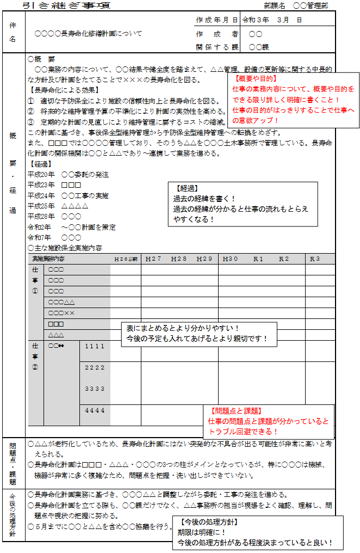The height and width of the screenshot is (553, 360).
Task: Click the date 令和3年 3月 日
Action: coord(271,20)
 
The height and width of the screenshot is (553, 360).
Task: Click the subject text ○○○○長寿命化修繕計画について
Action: coord(88,33)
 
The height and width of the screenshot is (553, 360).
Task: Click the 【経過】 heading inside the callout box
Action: coord(186,188)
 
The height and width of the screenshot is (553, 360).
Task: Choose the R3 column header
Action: coord(315,259)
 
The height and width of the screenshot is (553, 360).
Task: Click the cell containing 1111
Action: coord(95,346)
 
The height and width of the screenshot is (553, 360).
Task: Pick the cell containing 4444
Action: coord(95,410)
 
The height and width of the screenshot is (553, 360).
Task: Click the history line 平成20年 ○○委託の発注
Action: coord(67,175)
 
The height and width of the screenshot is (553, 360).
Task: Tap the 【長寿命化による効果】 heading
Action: coord(64,90)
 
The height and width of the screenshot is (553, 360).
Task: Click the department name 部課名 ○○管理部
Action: coord(296,5)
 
